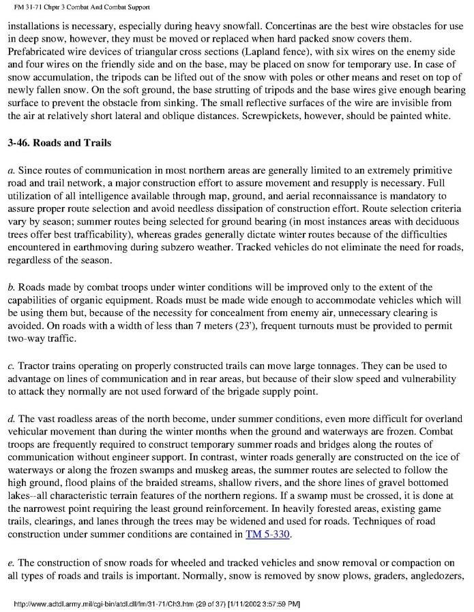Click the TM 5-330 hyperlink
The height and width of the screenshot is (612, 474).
point(267,534)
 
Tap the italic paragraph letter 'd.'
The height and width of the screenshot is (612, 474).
point(12,418)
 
